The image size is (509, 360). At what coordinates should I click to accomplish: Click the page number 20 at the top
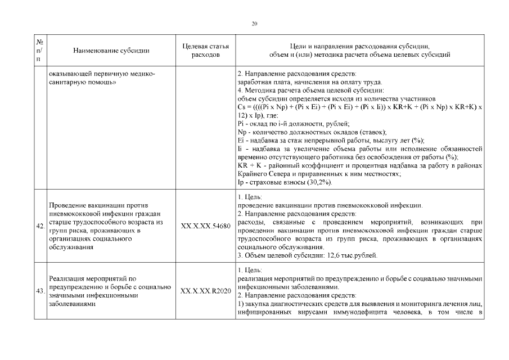click(254, 24)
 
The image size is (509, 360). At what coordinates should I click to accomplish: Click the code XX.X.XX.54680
click(206, 226)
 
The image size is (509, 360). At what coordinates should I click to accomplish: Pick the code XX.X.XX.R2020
click(206, 291)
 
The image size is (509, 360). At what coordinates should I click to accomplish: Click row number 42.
click(40, 226)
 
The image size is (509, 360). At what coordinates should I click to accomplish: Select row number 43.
click(40, 291)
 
